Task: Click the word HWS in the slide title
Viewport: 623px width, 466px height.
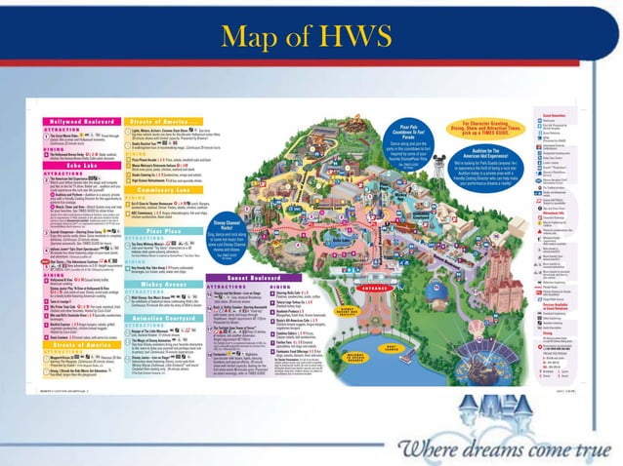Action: tap(366, 38)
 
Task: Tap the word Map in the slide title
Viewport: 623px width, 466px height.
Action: tap(256, 38)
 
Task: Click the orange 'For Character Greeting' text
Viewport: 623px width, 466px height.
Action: tap(487, 126)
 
